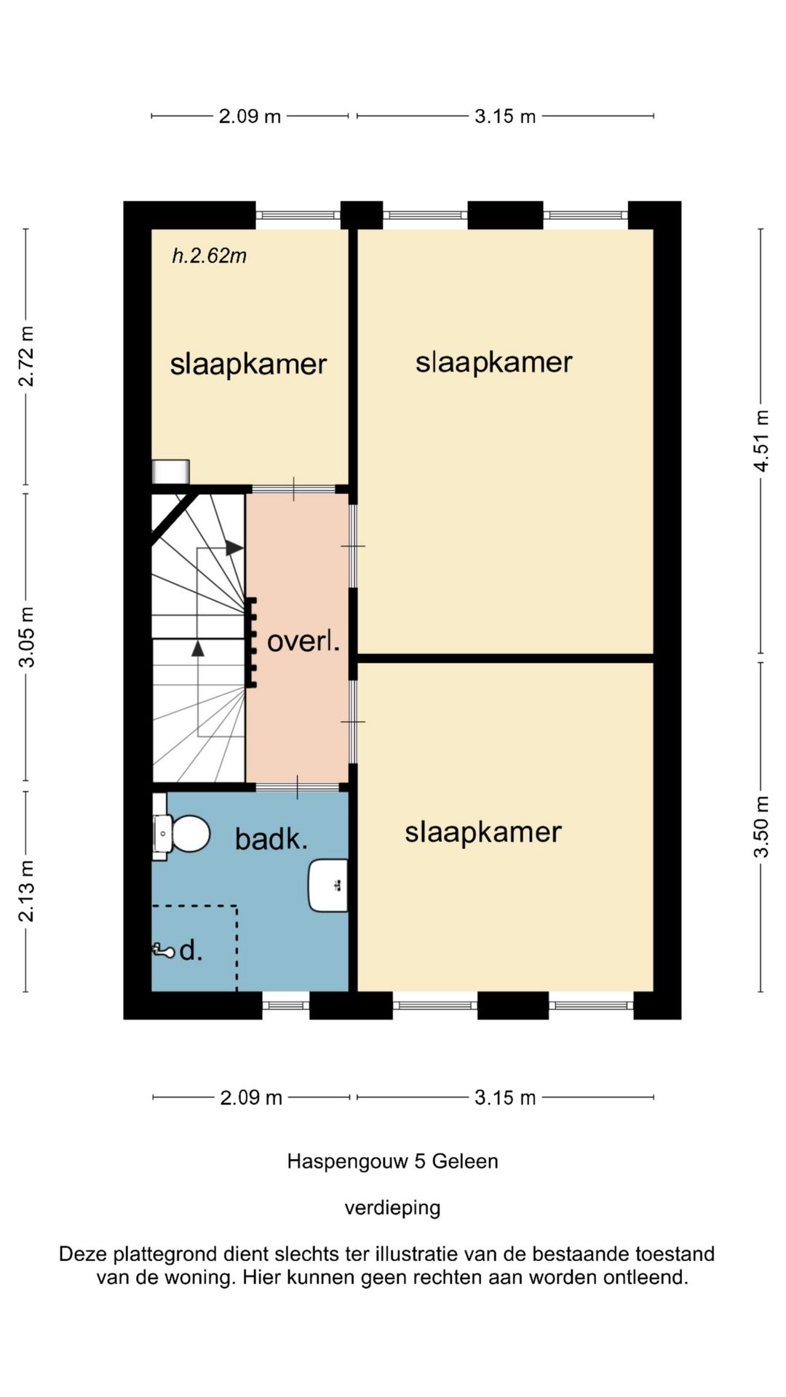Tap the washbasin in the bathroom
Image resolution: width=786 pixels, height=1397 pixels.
coord(328,885)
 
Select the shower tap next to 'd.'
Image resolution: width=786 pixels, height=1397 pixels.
coord(163,950)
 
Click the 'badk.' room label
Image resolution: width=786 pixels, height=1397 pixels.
coord(271,839)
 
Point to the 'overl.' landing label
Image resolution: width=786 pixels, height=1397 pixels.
coord(303,641)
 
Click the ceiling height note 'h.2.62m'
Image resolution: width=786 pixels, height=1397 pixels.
coord(210,255)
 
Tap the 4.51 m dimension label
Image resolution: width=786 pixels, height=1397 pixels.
coord(761,441)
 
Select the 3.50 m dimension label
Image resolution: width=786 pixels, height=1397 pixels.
coord(761,827)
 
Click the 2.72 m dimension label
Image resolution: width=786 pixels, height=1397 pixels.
coord(26,356)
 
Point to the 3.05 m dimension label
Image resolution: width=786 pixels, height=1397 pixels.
coord(26,637)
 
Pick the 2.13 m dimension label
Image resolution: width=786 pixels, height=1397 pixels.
coord(26,891)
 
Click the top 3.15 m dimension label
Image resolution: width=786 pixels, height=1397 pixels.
coord(505,116)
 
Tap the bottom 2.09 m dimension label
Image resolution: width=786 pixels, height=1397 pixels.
coord(251,1097)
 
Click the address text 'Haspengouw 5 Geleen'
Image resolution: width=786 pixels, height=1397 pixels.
coord(393,1161)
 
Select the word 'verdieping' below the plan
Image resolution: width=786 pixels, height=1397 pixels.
coord(393,1208)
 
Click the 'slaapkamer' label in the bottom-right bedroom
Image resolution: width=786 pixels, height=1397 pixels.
coord(483,832)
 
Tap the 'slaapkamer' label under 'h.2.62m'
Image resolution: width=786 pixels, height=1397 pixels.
coord(248,364)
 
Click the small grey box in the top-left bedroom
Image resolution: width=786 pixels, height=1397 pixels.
coord(171,471)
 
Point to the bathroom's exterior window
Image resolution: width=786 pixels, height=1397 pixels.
coord(286,1005)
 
